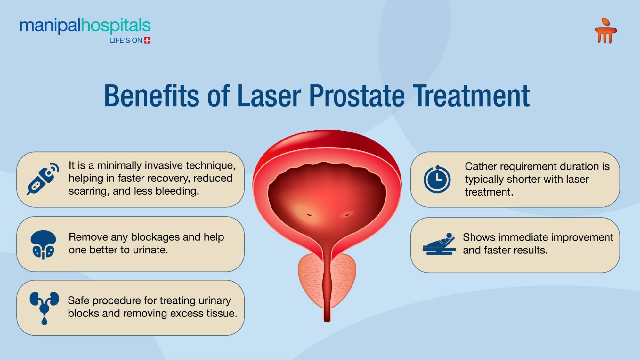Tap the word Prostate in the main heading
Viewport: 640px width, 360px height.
point(357,96)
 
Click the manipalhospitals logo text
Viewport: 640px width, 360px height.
point(85,26)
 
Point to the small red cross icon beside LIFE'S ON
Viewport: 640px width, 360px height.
point(147,40)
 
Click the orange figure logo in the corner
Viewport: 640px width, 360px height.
point(605,30)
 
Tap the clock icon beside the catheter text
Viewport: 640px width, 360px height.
point(437,179)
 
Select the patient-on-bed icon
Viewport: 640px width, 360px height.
point(439,244)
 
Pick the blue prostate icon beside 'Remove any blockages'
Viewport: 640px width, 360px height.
point(43,244)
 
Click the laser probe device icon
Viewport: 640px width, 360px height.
point(43,179)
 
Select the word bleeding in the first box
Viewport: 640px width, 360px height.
point(177,191)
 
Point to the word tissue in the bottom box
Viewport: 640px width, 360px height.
point(222,313)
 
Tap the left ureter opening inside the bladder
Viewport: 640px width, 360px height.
point(309,215)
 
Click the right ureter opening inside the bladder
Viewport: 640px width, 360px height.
point(347,215)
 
